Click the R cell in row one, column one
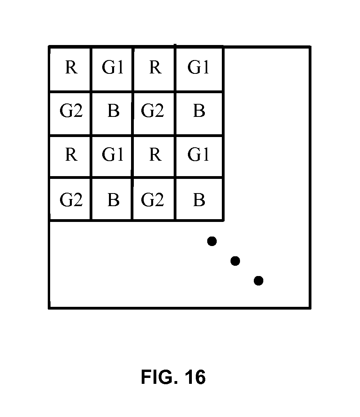click(x=70, y=68)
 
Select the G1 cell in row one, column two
click(x=112, y=68)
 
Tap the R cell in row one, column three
click(x=155, y=68)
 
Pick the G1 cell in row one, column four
click(x=199, y=68)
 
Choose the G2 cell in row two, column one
click(x=71, y=112)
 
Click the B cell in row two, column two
click(x=113, y=112)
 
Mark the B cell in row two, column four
click(x=199, y=112)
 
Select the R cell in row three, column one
click(x=70, y=155)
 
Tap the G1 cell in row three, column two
click(x=112, y=155)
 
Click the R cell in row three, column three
click(x=155, y=155)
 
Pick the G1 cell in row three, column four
click(x=199, y=155)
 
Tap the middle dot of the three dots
click(x=235, y=261)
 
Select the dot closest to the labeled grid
click(x=212, y=240)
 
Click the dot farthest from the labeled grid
click(x=259, y=281)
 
